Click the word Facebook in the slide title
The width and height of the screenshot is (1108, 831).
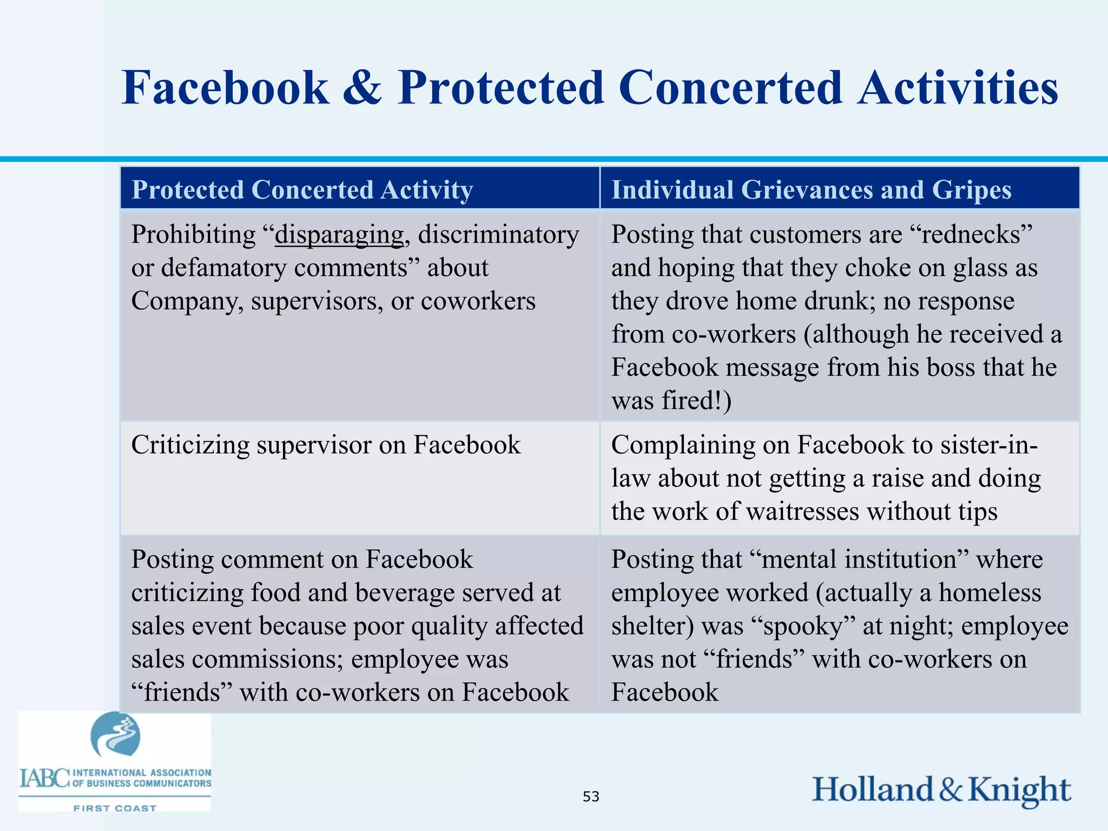click(x=225, y=88)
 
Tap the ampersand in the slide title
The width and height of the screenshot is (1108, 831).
click(x=362, y=88)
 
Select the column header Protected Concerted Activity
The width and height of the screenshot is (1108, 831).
click(x=302, y=190)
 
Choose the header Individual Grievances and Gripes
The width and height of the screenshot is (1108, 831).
click(x=811, y=190)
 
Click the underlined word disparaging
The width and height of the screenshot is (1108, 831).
click(x=339, y=235)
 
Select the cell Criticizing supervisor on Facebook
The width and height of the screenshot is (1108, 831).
click(x=326, y=445)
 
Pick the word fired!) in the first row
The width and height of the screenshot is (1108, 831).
click(x=698, y=401)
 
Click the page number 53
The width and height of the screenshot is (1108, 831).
click(x=591, y=796)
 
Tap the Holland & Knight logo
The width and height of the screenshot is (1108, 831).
click(x=941, y=789)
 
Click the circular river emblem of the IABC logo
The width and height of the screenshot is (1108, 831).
click(x=115, y=735)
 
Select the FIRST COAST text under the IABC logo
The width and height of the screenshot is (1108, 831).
click(x=115, y=808)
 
